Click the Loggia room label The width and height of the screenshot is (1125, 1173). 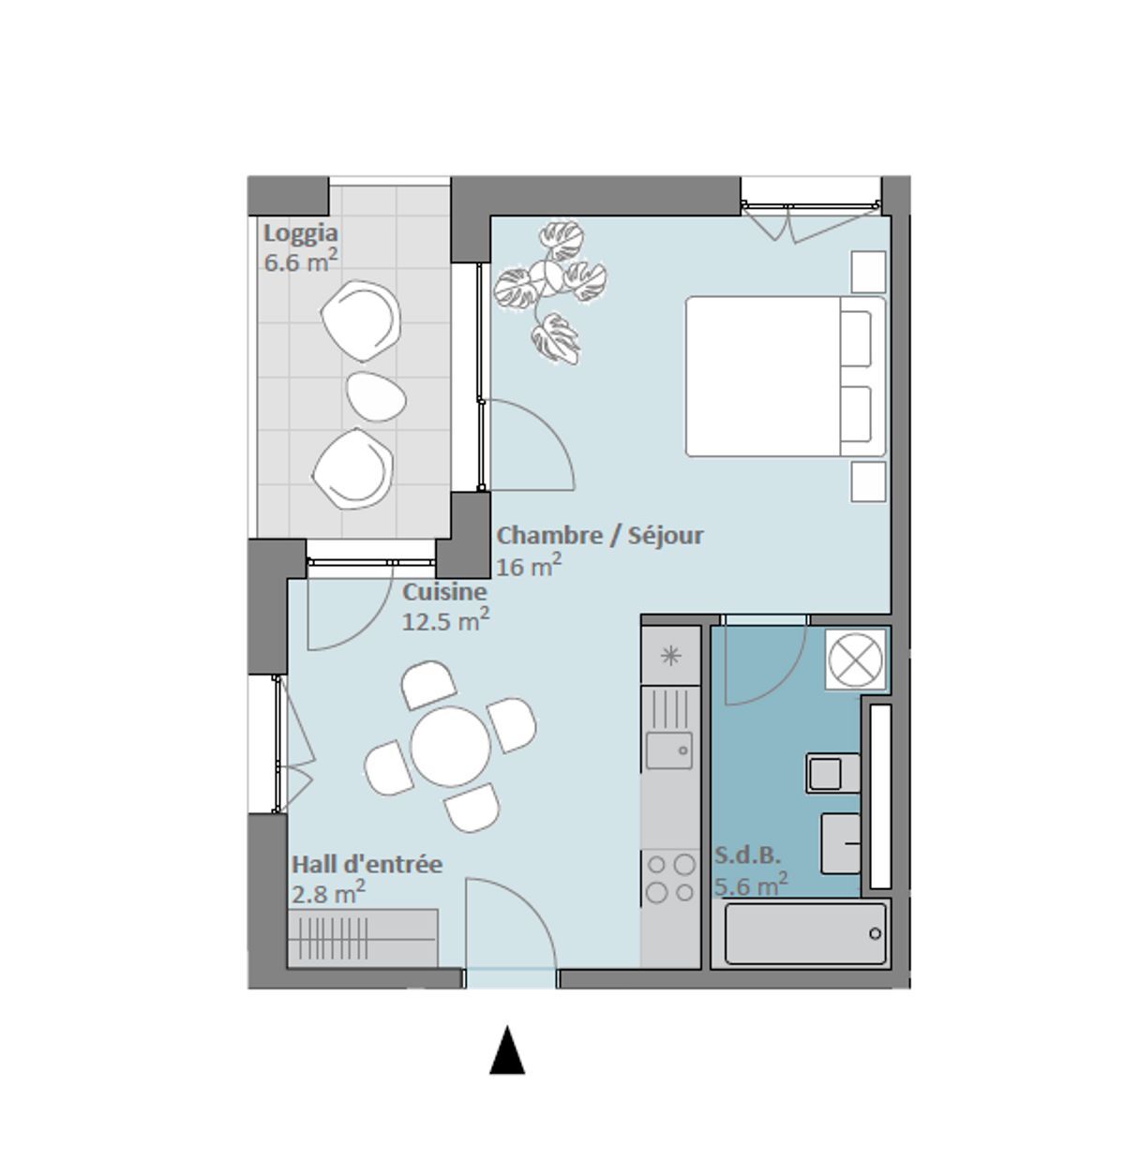pos(300,233)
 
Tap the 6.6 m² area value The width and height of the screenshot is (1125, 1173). pos(300,260)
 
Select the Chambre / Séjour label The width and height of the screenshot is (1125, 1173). pos(599,536)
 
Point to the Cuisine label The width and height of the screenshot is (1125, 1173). pos(444,592)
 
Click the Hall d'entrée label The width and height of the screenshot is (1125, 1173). pos(367,864)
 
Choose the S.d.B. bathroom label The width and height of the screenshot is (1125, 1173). pos(747,855)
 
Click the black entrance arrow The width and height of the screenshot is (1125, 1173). pos(506,1050)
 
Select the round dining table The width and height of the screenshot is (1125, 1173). pos(451,747)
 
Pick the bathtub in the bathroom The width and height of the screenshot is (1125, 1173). pos(805,933)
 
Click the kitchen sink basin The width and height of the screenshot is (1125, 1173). pos(670,750)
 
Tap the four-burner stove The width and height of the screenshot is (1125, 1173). pos(670,878)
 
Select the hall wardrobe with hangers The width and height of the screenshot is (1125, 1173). pos(362,938)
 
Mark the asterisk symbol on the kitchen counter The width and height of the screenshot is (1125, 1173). pos(670,656)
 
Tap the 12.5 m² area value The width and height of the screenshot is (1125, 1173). pos(444,620)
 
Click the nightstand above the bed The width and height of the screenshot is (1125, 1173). pos(868,272)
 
